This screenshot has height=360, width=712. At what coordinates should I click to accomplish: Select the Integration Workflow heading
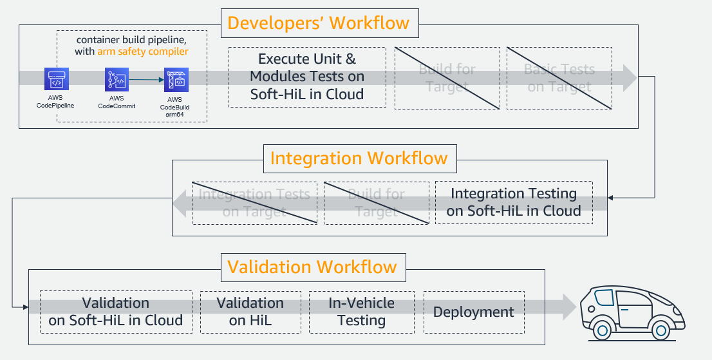[x=359, y=158]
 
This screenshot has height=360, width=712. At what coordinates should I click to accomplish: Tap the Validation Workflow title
[x=312, y=267]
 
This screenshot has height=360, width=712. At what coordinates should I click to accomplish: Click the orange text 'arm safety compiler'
[x=143, y=52]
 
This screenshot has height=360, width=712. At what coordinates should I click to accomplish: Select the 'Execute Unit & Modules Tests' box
[x=307, y=77]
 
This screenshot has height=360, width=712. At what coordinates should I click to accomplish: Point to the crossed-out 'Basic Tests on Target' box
[x=559, y=78]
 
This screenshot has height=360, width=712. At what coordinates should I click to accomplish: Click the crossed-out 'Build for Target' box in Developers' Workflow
[x=447, y=78]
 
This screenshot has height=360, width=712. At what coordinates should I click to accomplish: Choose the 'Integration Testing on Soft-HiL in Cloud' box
[x=514, y=202]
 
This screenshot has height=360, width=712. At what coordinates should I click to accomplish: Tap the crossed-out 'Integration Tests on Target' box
[x=254, y=202]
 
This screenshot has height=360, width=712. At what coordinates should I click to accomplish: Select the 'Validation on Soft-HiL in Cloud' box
[x=116, y=312]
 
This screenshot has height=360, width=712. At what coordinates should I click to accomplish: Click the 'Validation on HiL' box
[x=250, y=312]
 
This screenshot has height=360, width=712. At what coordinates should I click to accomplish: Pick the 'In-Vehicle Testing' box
[x=361, y=312]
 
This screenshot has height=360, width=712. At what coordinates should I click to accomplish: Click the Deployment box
[x=473, y=312]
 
